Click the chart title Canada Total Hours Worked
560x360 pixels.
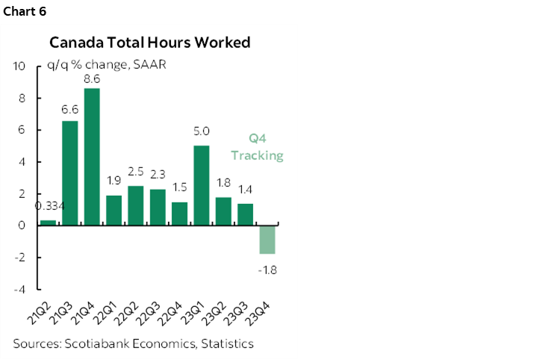tap(149, 42)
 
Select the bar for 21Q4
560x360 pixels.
tap(92, 157)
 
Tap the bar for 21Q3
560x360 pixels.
tap(69, 173)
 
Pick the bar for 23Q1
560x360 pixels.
tap(202, 185)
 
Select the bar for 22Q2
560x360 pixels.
tap(136, 205)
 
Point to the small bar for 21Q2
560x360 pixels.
tap(48, 223)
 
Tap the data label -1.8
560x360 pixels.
tap(267, 269)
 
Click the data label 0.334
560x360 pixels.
tap(48, 207)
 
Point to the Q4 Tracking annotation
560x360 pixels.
tap(257, 146)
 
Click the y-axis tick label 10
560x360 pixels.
tap(20, 66)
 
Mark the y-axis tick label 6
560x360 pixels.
tap(22, 130)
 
